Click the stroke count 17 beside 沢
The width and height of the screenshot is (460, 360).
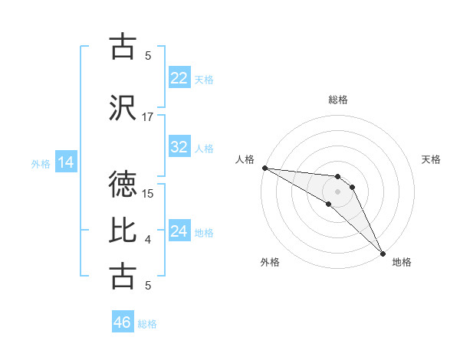pos(149,117)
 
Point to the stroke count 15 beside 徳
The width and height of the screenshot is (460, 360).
pos(149,194)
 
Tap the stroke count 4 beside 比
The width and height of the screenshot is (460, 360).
pos(148,240)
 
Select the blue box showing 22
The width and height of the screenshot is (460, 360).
pos(179,78)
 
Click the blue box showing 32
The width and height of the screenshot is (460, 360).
pos(179,147)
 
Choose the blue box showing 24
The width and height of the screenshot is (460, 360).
pos(179,231)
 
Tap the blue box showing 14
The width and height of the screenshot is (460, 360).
pos(65,162)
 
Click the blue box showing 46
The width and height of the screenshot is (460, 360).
pos(123,322)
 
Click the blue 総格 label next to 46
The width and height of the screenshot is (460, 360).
pos(147,323)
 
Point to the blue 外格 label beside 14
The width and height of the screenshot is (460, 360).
pos(40,163)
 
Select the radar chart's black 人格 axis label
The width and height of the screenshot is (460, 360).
pos(244,159)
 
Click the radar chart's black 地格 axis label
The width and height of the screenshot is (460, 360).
pos(402,262)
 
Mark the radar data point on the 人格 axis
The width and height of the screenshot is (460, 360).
pos(264,168)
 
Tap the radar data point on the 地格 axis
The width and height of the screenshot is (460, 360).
pos(382,252)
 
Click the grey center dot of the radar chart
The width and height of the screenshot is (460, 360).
pos(337,191)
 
